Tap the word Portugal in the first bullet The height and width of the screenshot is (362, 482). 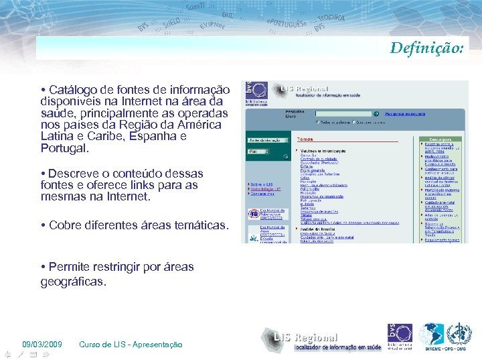point(64,147)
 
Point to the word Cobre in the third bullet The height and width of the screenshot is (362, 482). point(65,225)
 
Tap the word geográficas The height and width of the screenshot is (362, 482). point(74,282)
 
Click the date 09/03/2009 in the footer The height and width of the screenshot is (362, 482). point(42,345)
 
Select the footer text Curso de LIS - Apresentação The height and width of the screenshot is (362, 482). point(131,345)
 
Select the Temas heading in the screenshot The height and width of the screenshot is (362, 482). point(305,139)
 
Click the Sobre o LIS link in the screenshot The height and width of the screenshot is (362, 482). point(261,184)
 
